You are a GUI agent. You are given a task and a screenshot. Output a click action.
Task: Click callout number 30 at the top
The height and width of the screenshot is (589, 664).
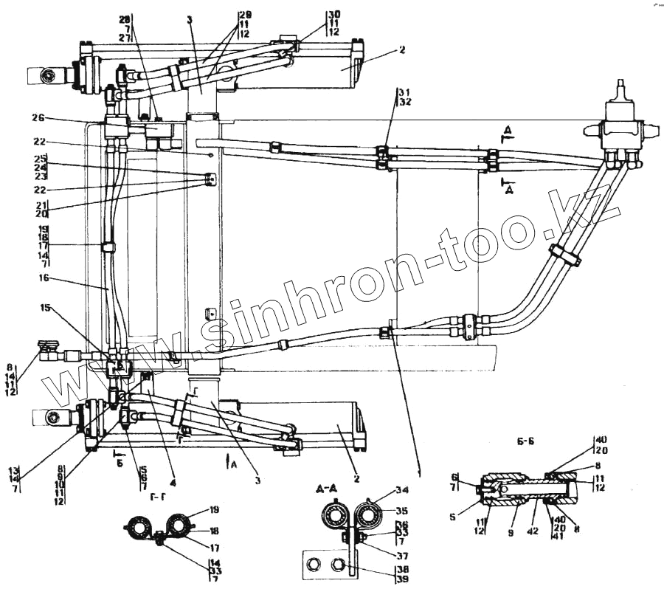pyautogui.click(x=334, y=14)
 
